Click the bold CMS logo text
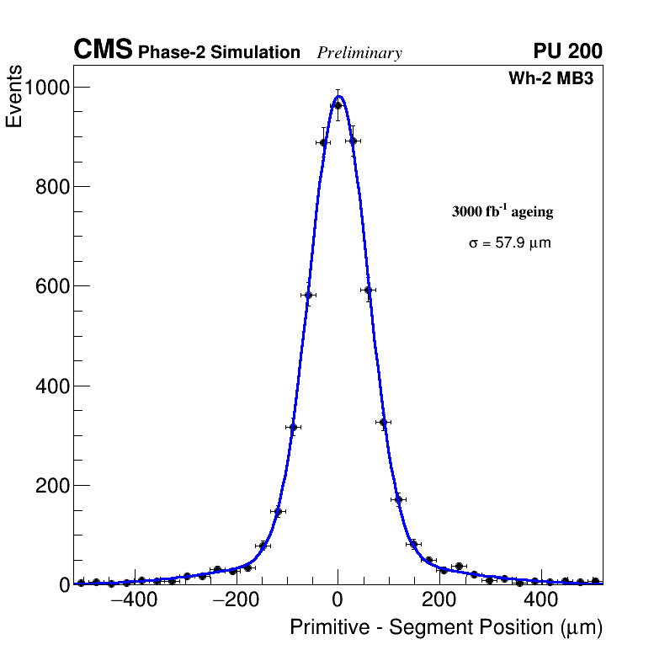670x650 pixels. [x=103, y=51]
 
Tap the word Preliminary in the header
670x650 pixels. [x=359, y=53]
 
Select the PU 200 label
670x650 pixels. [x=567, y=51]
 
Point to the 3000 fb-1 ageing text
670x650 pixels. [x=502, y=211]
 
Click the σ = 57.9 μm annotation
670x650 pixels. [x=509, y=243]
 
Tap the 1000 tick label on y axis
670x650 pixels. [x=47, y=87]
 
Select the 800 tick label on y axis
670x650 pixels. [x=52, y=187]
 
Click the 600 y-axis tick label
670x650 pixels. [x=52, y=286]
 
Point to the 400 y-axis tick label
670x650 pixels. [x=52, y=386]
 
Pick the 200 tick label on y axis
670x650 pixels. [x=52, y=485]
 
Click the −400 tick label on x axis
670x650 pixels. [x=132, y=600]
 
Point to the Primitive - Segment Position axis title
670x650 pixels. [x=446, y=628]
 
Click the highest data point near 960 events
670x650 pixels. [x=338, y=105]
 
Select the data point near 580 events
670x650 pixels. [x=308, y=295]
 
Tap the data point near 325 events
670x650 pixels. [x=383, y=422]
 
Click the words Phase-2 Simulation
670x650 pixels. [x=219, y=53]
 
